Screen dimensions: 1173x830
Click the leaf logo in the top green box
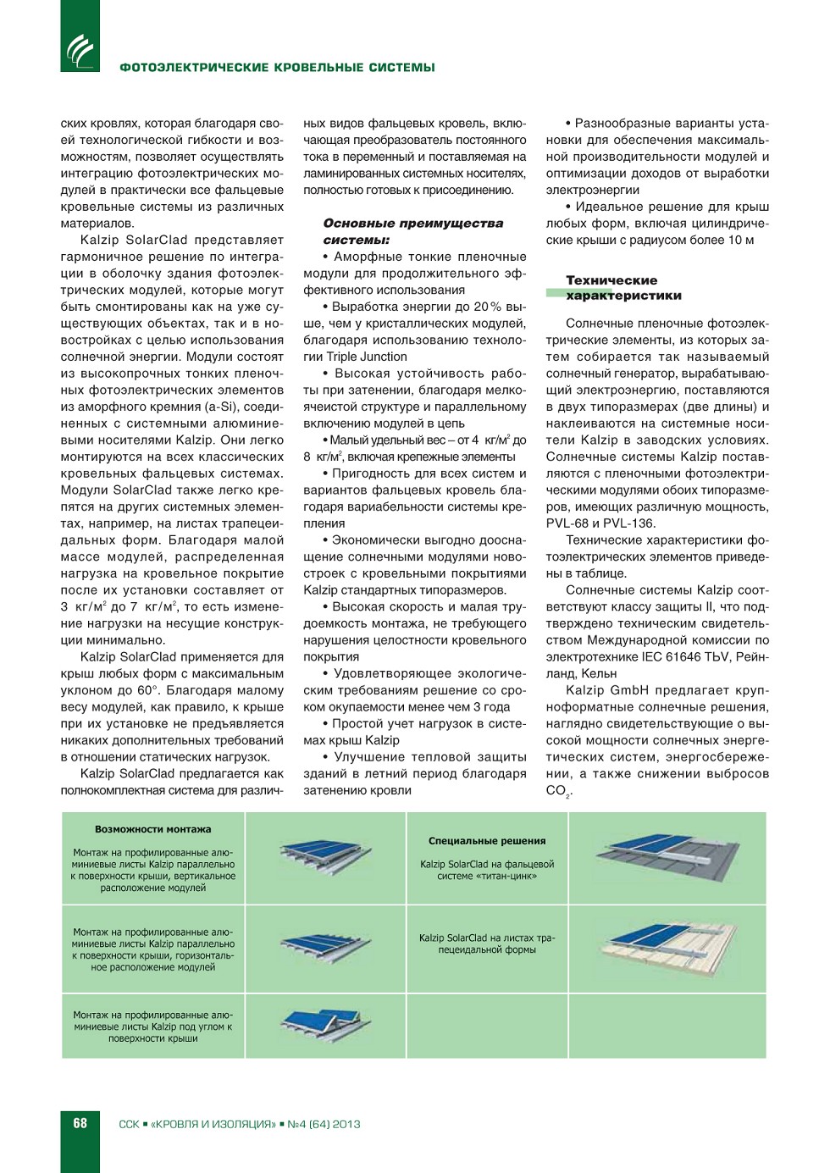(80, 49)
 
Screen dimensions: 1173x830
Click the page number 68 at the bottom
(80, 1123)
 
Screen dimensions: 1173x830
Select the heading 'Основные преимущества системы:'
(412, 231)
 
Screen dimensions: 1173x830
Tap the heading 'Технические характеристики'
(623, 288)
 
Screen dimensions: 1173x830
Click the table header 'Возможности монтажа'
(153, 829)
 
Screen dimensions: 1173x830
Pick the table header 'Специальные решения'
(487, 841)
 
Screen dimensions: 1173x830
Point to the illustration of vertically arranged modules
(325, 855)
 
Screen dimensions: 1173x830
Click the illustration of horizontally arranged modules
(325, 947)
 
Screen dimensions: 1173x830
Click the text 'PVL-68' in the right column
(569, 523)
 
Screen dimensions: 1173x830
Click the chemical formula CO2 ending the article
(558, 791)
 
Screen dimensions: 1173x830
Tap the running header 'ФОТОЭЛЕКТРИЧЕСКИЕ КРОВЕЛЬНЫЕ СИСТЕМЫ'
(277, 68)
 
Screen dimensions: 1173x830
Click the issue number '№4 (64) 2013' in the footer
(324, 1124)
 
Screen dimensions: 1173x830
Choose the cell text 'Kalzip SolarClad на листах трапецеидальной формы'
(487, 943)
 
